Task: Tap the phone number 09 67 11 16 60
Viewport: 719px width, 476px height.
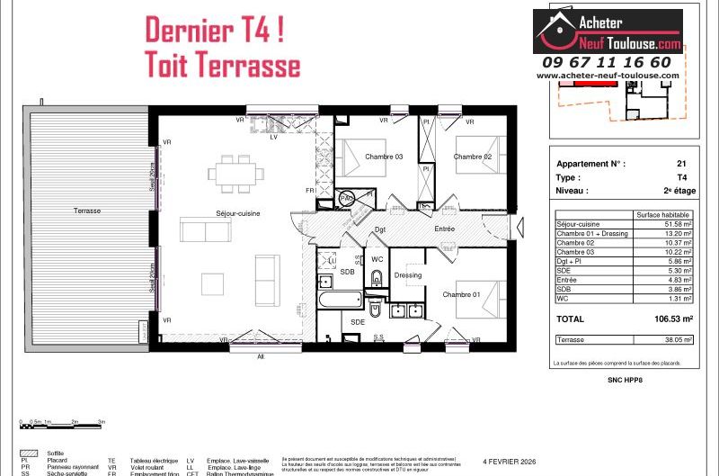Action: point(607,62)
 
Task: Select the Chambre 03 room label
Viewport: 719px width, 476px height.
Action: point(384,157)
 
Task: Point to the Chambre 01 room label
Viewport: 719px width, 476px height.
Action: point(460,294)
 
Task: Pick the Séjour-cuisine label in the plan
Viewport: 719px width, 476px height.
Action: point(212,213)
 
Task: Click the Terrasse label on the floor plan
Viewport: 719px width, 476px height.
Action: point(87,211)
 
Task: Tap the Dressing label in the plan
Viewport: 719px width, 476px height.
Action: point(408,275)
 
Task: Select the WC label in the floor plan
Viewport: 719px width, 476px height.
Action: point(377,259)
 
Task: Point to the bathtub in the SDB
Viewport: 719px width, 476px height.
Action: point(339,301)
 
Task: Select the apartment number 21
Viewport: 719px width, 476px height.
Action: point(680,165)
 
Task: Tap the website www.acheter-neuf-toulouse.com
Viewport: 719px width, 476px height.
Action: point(608,76)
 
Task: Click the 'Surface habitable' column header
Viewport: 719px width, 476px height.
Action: point(662,215)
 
